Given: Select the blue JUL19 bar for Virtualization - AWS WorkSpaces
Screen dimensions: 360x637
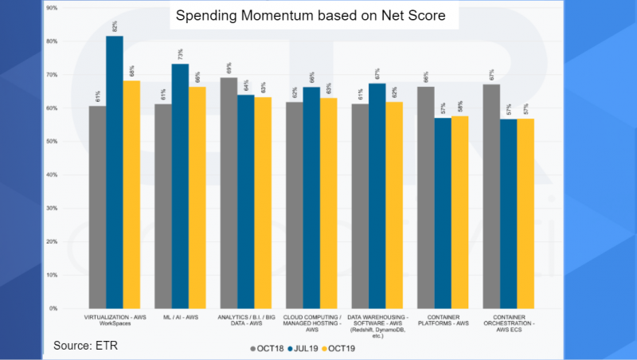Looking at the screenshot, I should tap(115, 171).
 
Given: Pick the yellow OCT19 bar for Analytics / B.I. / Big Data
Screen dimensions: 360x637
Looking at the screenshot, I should tap(263, 202).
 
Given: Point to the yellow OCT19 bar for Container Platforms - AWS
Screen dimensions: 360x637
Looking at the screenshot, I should tap(459, 212).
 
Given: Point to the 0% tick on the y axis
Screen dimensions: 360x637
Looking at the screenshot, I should tap(53, 308).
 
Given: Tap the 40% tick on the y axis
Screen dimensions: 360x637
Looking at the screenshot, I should tap(52, 174).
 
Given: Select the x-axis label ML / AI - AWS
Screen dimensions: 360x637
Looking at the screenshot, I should tap(180, 318).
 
